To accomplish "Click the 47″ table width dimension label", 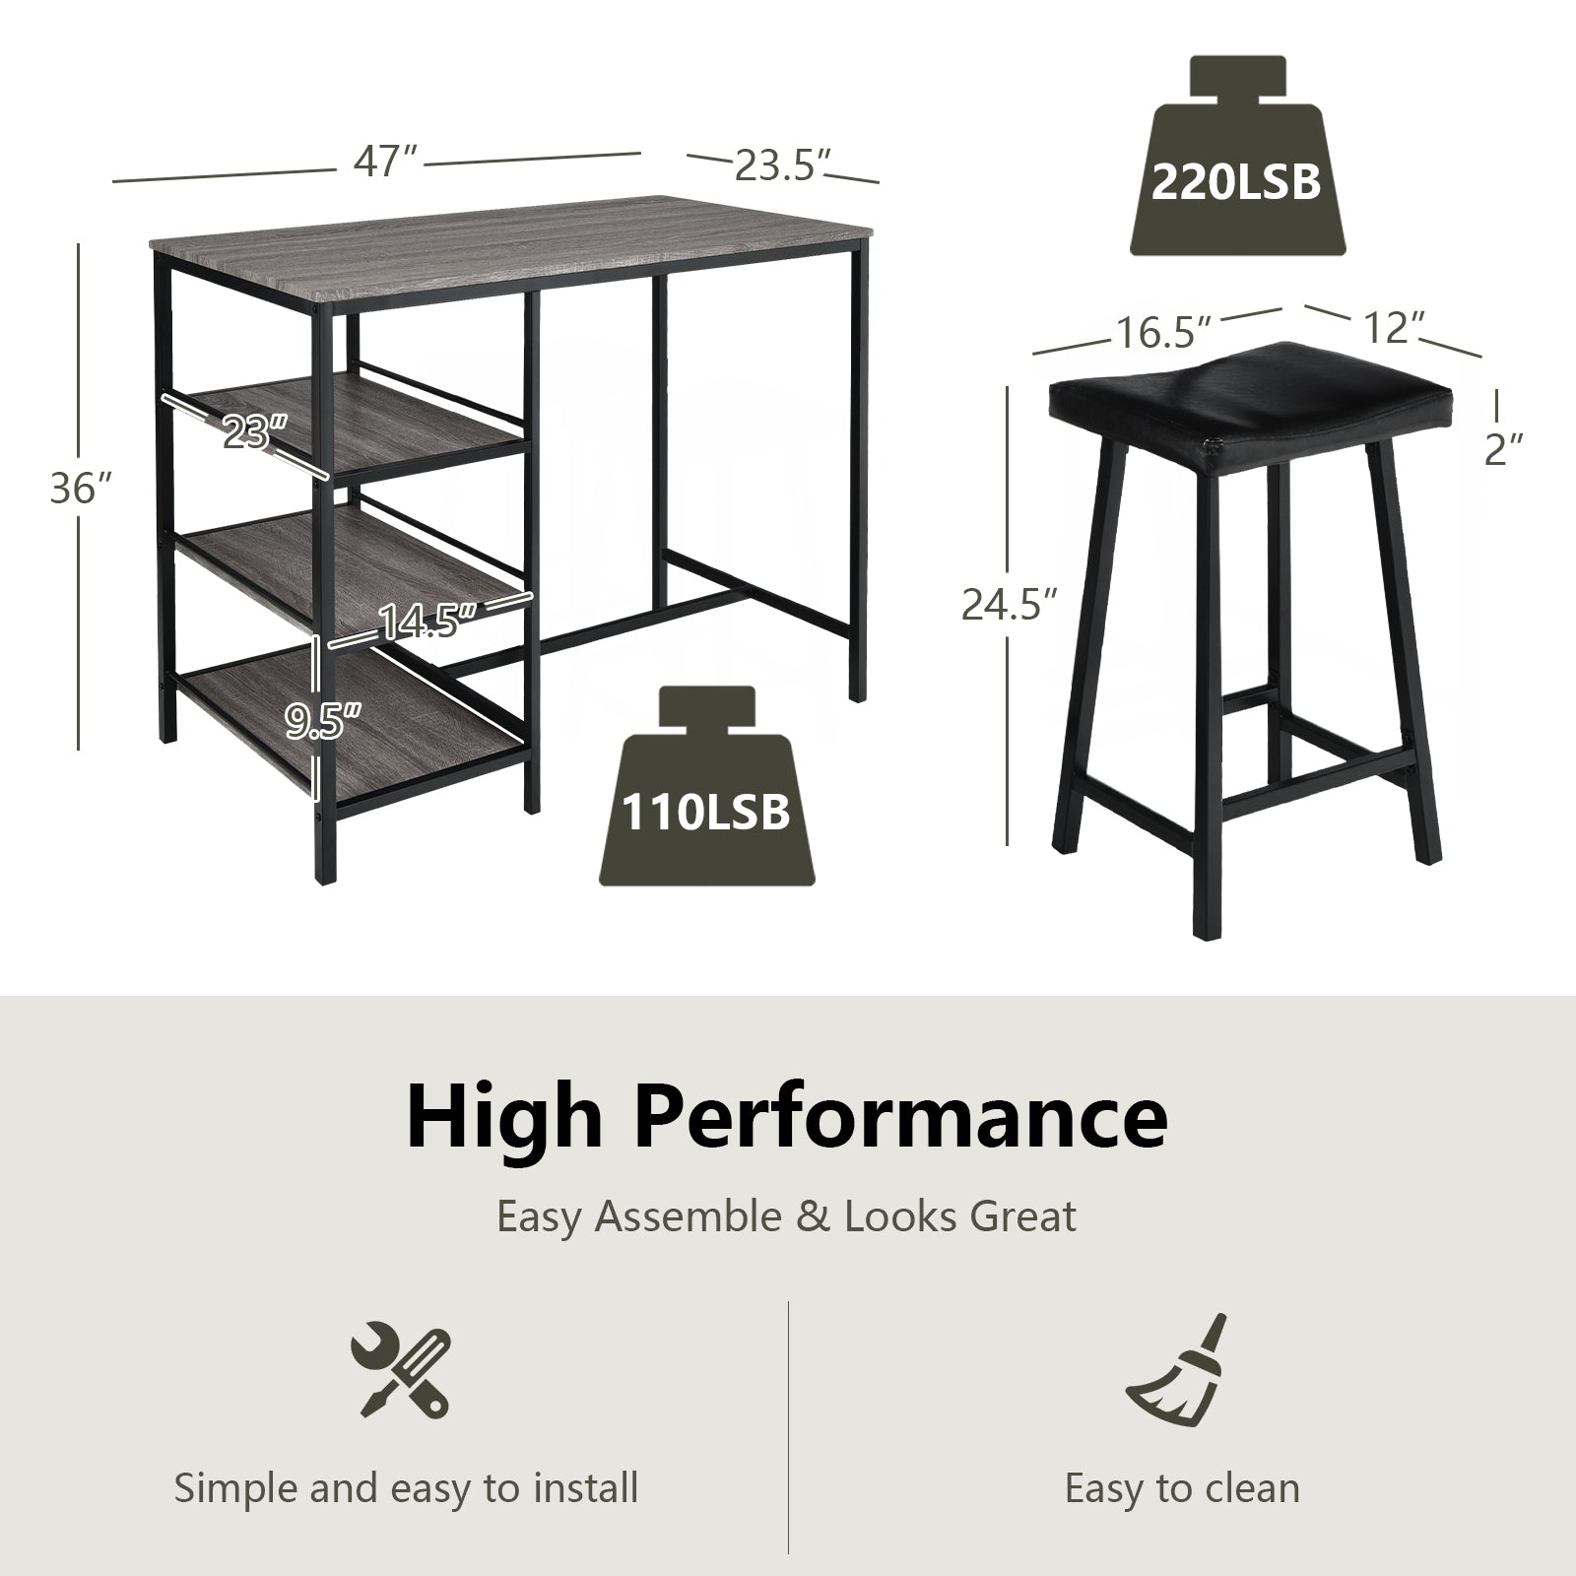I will point(386,162).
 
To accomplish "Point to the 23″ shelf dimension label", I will point(253,430).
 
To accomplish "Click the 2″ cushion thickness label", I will point(1503,448).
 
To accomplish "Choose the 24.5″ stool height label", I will point(1010,605).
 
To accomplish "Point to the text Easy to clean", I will point(1182,1487).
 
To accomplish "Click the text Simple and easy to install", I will point(406,1487).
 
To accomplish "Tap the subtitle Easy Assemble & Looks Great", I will point(786,1217).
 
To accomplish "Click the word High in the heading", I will point(503,1117).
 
